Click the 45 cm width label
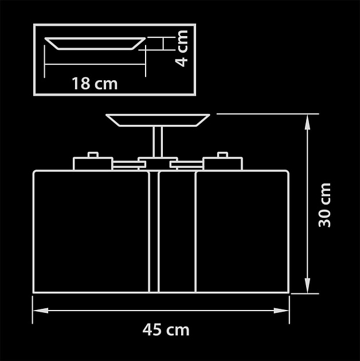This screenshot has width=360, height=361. [166, 329]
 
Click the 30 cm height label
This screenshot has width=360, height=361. [324, 205]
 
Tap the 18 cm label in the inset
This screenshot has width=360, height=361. [95, 83]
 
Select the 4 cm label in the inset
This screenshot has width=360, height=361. [182, 49]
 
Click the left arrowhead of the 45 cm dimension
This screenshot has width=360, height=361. [41, 311]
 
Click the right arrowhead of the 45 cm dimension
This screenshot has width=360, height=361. [281, 311]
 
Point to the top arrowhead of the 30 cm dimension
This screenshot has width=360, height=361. [307, 122]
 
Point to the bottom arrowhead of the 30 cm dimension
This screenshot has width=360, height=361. [307, 286]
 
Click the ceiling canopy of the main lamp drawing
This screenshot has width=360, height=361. [158, 120]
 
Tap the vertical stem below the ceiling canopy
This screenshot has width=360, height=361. [158, 142]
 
